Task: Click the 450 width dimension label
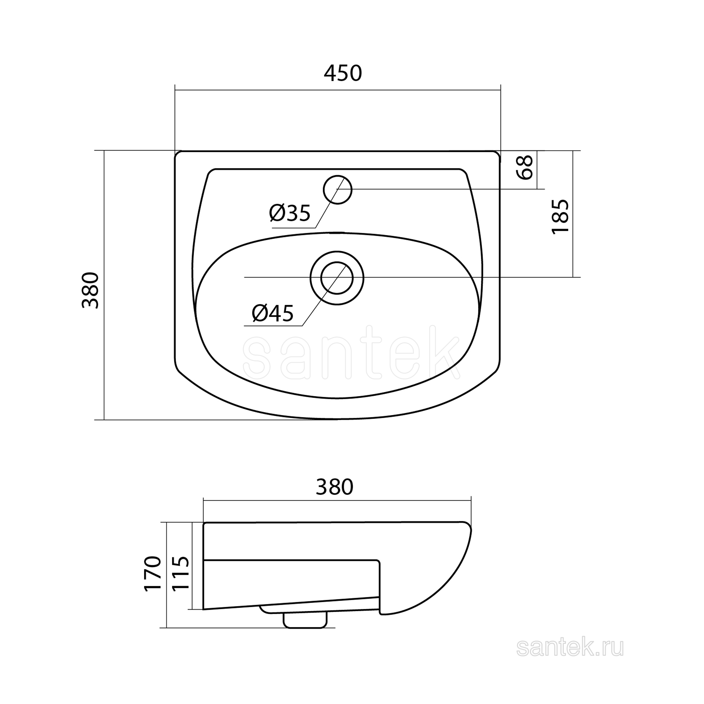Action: pos(343,73)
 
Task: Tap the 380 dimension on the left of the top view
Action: pos(90,290)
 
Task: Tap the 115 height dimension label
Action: pos(181,579)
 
